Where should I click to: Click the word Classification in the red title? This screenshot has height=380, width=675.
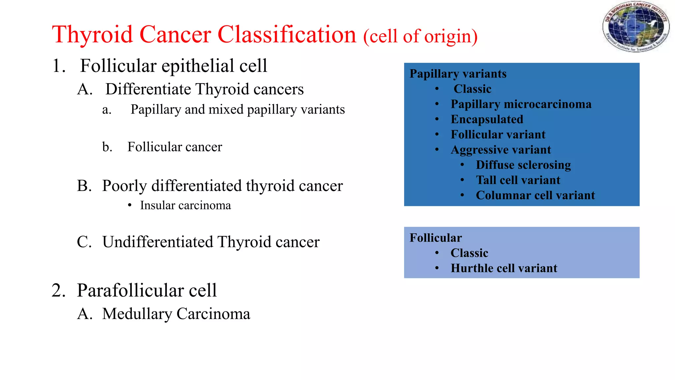tap(287, 34)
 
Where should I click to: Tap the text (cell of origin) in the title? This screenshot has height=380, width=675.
tap(420, 36)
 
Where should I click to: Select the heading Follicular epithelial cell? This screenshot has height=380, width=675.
tap(173, 66)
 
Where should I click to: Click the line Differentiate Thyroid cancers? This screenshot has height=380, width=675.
tap(204, 89)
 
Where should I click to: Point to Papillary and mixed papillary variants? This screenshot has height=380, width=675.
tap(237, 110)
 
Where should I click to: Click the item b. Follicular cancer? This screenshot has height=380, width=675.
tap(175, 147)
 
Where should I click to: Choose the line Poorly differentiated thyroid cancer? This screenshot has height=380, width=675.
tap(222, 186)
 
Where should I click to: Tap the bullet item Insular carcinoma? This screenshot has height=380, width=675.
tap(185, 206)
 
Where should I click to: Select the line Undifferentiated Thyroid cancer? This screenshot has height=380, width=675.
tap(211, 242)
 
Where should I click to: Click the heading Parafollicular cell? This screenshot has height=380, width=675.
tap(147, 291)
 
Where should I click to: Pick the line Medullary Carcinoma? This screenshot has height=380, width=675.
tap(176, 314)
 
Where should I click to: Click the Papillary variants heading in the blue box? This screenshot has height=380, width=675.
tap(458, 74)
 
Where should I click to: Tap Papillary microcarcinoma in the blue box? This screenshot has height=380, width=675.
tap(521, 104)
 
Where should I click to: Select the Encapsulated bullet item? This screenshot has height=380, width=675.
tap(487, 119)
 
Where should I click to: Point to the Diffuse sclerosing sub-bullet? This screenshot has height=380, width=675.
tap(523, 165)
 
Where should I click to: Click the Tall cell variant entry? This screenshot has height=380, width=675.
tap(518, 180)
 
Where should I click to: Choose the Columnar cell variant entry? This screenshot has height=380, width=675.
tap(535, 195)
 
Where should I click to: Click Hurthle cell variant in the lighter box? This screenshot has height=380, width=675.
tap(504, 268)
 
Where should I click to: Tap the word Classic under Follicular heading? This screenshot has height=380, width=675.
tap(469, 253)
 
